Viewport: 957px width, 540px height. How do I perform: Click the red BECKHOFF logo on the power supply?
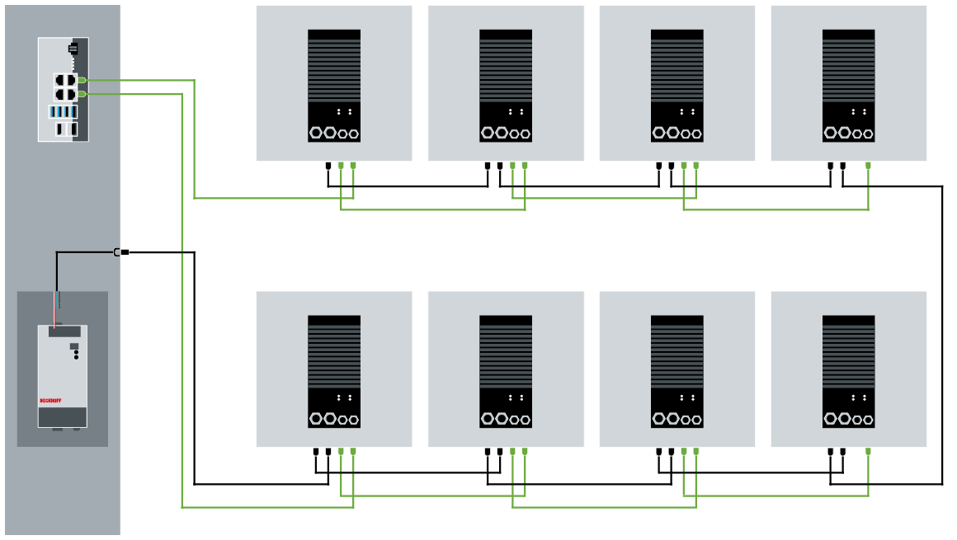(x=51, y=401)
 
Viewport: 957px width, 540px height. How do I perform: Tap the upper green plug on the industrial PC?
(x=82, y=80)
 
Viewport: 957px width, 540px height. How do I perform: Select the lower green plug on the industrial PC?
(x=82, y=95)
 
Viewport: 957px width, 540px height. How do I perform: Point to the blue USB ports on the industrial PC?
(x=63, y=111)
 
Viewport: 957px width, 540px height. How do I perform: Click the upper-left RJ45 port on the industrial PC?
(x=59, y=80)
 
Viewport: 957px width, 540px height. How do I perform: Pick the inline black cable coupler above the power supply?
(x=120, y=251)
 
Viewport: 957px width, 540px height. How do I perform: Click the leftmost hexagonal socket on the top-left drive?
(x=316, y=132)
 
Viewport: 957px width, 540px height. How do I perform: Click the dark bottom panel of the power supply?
(x=63, y=417)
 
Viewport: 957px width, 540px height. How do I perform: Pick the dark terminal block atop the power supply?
(x=63, y=331)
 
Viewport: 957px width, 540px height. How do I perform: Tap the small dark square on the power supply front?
(x=74, y=346)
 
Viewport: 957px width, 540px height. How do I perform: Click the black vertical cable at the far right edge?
(x=942, y=330)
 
